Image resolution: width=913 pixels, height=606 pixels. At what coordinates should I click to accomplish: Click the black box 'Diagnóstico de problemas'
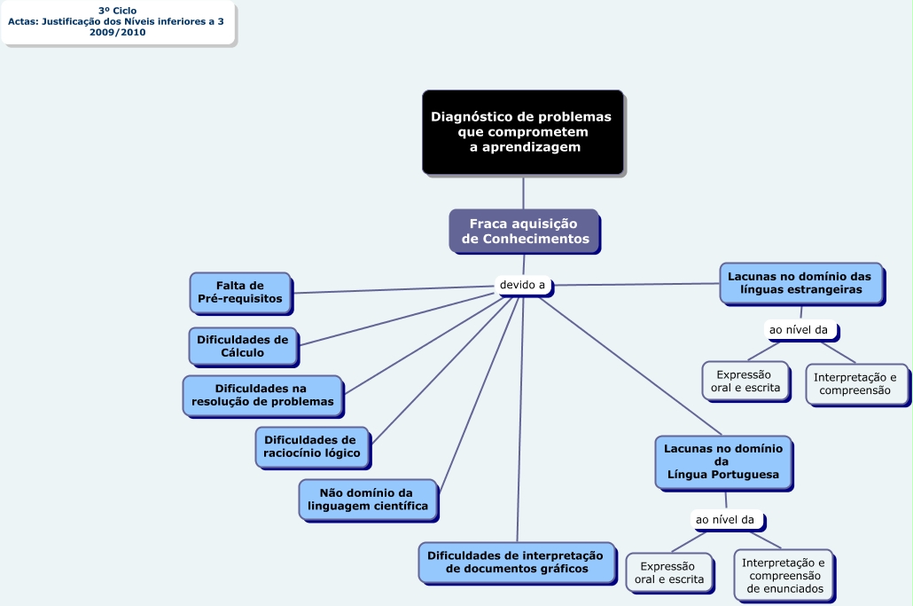522,131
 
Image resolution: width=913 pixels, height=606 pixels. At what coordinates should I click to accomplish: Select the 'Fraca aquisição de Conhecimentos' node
523,232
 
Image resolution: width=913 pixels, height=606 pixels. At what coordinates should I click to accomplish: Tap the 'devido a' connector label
522,286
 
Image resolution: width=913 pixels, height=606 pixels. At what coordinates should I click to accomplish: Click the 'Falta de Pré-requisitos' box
239,292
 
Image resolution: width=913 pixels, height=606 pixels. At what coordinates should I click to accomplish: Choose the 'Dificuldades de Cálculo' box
243,346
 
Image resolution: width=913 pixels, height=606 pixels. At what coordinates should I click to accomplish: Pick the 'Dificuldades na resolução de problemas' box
262,395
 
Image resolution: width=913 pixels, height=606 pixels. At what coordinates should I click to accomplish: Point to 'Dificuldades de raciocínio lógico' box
311,446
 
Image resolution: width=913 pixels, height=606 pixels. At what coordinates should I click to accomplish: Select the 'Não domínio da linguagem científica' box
367,499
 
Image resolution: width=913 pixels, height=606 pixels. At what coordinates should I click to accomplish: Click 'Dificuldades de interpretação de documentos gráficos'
515,563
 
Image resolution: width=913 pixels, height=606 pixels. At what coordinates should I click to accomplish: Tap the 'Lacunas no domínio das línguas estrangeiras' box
800,283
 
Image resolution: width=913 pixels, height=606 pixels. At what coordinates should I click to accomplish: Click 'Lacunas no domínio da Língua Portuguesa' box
722,461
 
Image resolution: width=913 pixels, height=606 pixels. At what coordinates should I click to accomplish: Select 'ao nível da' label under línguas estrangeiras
799,330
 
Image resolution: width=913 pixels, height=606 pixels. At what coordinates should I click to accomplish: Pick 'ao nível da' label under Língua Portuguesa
724,519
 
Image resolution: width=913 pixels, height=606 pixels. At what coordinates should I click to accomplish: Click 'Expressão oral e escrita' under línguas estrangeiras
745,381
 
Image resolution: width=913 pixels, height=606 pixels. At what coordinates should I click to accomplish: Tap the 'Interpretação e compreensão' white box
855,384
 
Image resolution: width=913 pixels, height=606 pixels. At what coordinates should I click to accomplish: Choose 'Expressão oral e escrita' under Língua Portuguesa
668,573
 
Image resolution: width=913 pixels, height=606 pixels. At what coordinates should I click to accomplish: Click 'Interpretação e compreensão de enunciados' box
784,575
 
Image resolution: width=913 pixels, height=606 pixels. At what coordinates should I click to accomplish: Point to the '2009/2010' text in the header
117,32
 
